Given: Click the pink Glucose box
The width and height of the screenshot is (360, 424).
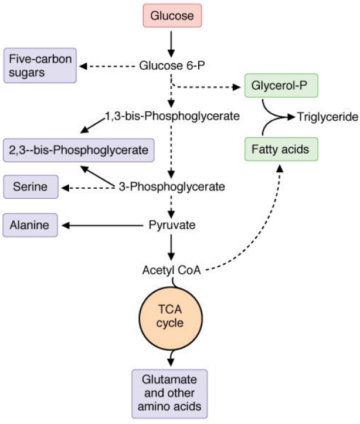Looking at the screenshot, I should coord(172,16).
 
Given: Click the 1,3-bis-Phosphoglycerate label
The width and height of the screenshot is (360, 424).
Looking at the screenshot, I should coord(172,116).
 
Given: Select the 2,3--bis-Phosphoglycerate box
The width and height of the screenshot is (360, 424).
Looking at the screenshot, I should coord(79,150).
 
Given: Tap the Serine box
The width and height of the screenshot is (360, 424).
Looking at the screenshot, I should coord(30,188).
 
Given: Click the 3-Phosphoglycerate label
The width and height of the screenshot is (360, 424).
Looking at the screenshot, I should coord(172,188).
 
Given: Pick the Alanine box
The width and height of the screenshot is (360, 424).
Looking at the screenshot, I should coord(30,225).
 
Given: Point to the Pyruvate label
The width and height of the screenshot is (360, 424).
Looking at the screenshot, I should coord(172,225).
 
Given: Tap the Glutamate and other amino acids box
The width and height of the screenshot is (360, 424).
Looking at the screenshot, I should coord(170,392).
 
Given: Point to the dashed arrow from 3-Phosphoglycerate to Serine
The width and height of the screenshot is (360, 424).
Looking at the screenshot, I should coord(88,188).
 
